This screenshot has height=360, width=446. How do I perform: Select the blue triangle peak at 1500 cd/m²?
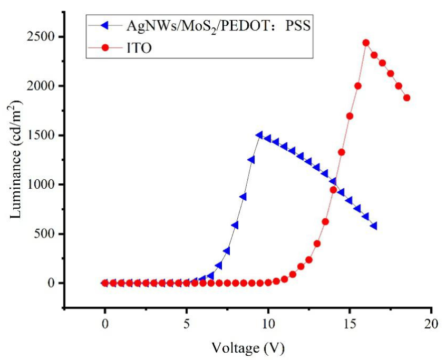pos(259,135)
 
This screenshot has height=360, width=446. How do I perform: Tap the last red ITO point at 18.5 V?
pos(406,98)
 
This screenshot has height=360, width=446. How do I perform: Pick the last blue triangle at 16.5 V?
pos(374,226)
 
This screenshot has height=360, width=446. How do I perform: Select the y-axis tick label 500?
pos(47,234)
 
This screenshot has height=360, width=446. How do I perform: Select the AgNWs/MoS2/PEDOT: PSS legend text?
pos(217,25)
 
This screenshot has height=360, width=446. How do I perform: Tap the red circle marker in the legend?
pos(104,47)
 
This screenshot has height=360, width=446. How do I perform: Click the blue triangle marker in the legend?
pos(104,25)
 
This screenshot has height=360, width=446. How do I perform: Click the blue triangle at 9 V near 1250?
pos(251,159)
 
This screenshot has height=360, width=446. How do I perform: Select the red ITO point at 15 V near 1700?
pos(350,116)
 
